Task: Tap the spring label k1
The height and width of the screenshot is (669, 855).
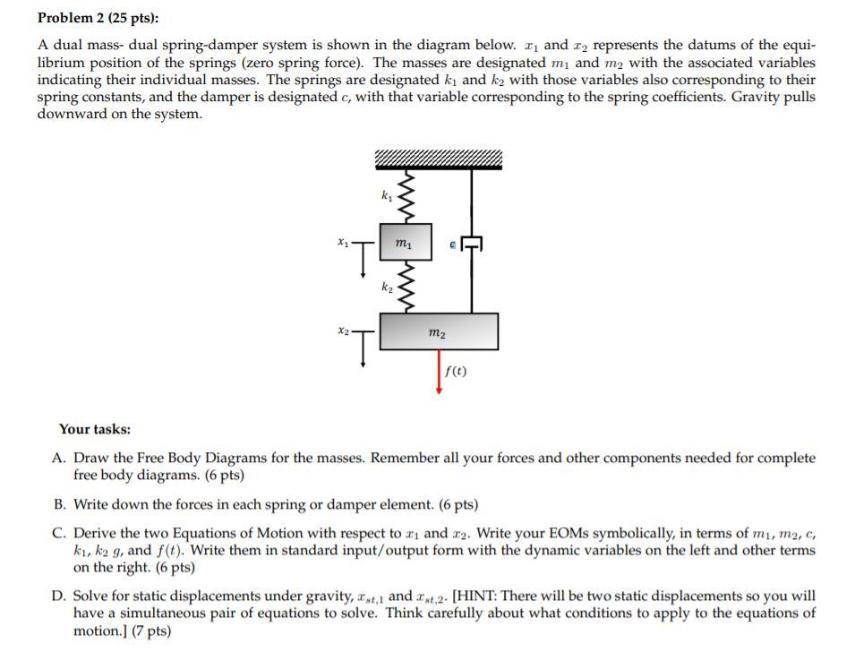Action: coord(386,195)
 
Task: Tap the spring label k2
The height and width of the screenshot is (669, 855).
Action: coord(386,287)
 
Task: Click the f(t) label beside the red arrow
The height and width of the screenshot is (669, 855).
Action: coord(455,370)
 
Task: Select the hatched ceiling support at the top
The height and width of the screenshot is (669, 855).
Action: coord(438,160)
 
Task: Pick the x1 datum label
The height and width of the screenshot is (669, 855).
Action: coord(342,242)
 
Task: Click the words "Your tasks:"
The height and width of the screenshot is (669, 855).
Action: coord(95,429)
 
